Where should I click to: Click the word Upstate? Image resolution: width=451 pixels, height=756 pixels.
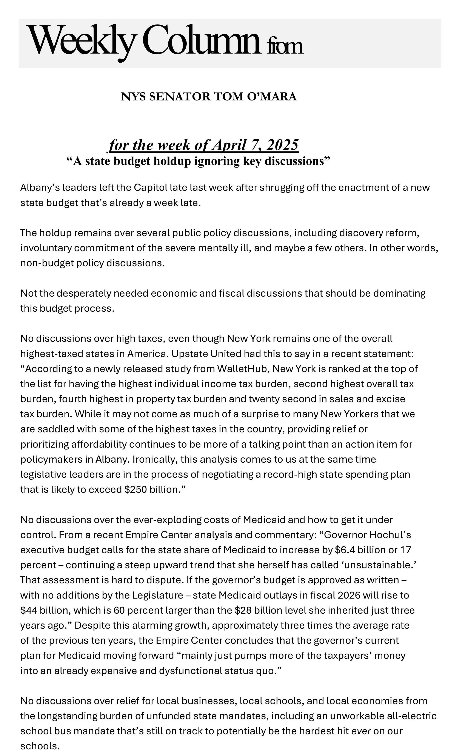point(189,354)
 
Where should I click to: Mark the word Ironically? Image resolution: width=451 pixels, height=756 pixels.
point(155,459)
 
